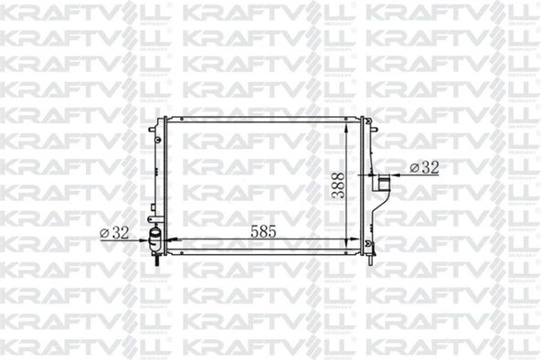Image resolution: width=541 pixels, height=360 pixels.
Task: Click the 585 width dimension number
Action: pyautogui.click(x=266, y=232)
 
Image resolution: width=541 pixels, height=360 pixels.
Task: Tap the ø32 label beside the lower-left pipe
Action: pyautogui.click(x=113, y=232)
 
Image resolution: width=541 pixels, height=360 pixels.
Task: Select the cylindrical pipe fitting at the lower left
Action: pyautogui.click(x=154, y=242)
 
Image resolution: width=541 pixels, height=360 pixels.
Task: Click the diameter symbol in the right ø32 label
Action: pyautogui.click(x=415, y=167)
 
